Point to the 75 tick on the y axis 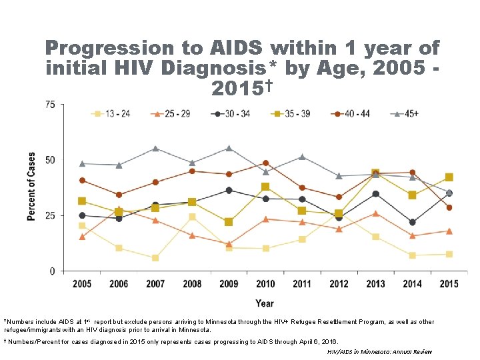click(x=49, y=105)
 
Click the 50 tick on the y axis click(x=49, y=160)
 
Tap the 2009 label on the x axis click(x=229, y=284)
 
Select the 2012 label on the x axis click(x=339, y=284)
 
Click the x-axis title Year click(x=265, y=303)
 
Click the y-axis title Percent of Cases click(x=31, y=186)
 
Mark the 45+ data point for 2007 click(x=155, y=149)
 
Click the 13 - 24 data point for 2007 click(x=155, y=258)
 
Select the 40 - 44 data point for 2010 click(x=265, y=163)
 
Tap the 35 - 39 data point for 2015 click(x=449, y=177)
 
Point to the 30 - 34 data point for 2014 click(x=413, y=222)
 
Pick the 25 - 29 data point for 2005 click(x=82, y=237)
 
